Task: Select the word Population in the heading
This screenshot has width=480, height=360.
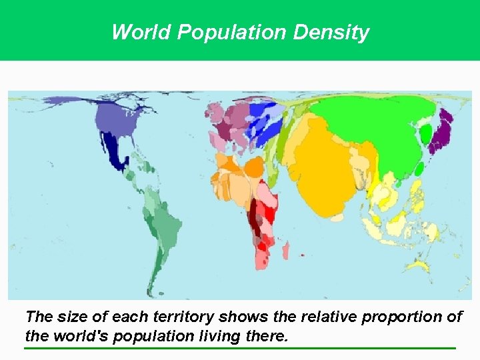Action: point(226,32)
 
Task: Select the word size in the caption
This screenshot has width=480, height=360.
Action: point(69,317)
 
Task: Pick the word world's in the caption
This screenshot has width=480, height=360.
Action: point(79,335)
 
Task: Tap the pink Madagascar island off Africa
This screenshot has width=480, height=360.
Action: point(286,251)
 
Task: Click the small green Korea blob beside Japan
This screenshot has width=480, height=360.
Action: point(425,134)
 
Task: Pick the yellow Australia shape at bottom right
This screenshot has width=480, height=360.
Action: point(418,266)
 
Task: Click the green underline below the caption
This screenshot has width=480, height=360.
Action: point(240,347)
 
